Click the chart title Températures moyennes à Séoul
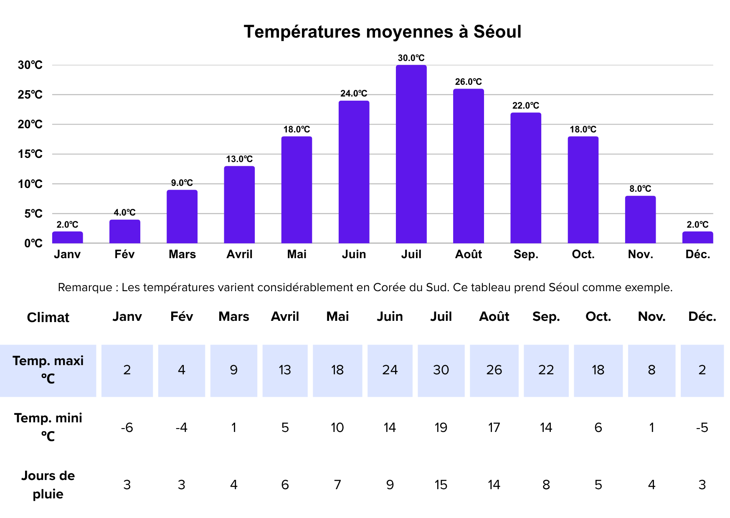coord(382,32)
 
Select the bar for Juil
coord(411,155)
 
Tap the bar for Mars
coord(182,217)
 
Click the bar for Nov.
coord(640,220)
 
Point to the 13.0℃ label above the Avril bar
coord(239,159)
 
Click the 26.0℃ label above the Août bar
coord(468,82)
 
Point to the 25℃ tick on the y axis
coord(30,95)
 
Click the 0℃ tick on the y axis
coord(33,243)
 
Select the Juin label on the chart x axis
coord(354,254)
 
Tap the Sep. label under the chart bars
coord(526,254)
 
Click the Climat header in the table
coord(48,317)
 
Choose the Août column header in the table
coord(494,317)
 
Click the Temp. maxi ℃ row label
coord(48,370)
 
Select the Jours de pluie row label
coord(48,485)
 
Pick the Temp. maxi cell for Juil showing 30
coord(441,370)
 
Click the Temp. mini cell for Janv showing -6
coord(127,428)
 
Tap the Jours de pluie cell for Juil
coord(441,485)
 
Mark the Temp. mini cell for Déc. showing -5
coord(702,428)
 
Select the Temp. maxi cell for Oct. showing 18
coord(598,370)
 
